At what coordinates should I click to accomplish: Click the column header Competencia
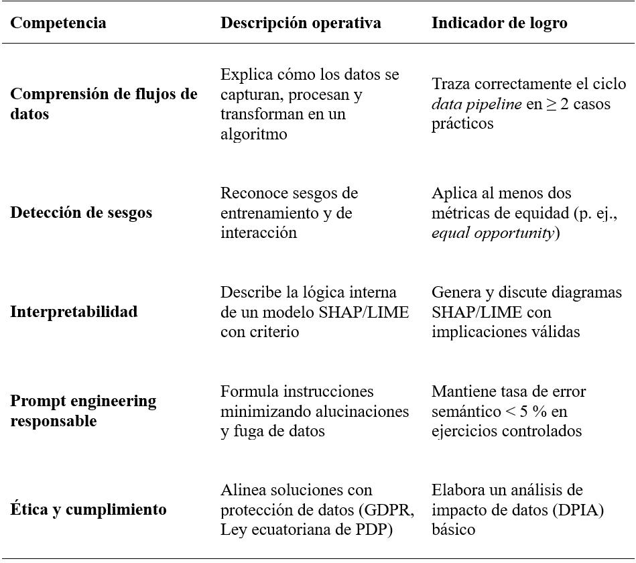click(58, 23)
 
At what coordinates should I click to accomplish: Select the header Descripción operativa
click(300, 23)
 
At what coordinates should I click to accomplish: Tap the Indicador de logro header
click(499, 23)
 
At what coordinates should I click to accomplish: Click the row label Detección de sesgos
click(81, 212)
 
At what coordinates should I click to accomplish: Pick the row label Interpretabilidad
click(74, 312)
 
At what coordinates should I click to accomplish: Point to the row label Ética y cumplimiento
click(88, 509)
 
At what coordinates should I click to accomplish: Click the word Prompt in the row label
click(36, 401)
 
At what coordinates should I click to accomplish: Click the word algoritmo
click(253, 134)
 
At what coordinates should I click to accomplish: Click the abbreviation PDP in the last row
click(376, 529)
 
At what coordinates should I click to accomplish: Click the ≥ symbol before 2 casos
click(551, 105)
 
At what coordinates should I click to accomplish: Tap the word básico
click(454, 529)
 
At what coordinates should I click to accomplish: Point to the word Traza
click(450, 84)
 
